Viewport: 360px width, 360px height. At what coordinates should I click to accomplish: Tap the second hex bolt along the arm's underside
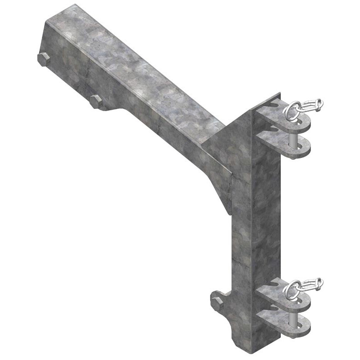(95, 102)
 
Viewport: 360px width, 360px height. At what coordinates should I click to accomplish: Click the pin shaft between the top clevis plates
(293, 137)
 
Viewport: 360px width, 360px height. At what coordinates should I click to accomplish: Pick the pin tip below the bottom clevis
(292, 333)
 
